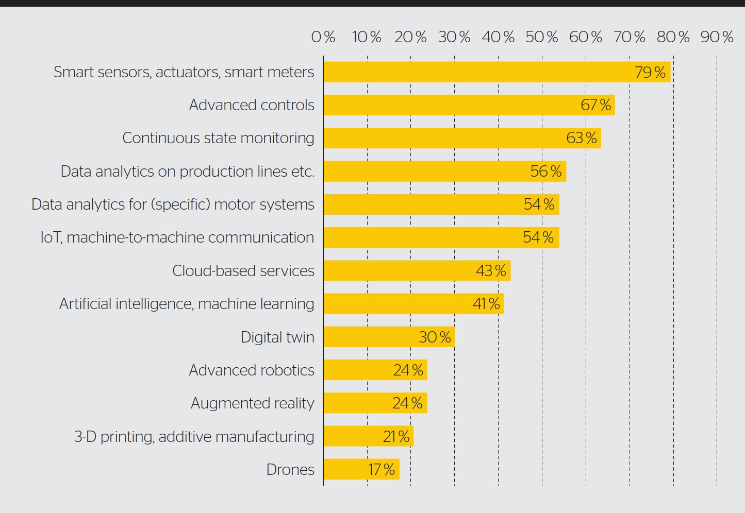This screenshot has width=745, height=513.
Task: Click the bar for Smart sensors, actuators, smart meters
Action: click(496, 72)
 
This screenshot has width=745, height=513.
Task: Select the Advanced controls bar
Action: click(469, 105)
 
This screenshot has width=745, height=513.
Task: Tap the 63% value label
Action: click(582, 138)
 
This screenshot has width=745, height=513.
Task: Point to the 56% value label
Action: click(546, 172)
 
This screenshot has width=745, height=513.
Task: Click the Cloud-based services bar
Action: click(417, 271)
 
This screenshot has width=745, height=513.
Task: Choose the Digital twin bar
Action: click(389, 337)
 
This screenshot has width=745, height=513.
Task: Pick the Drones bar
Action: click(361, 470)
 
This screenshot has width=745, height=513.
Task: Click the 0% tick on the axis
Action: click(323, 37)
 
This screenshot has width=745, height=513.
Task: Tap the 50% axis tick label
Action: click(542, 37)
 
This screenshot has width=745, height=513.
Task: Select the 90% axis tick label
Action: click(717, 37)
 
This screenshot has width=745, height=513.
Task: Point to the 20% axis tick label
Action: click(410, 37)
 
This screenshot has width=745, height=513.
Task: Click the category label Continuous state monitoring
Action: click(218, 138)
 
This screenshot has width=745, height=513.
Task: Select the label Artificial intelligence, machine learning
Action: click(187, 304)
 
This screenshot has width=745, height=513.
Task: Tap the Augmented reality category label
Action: click(252, 403)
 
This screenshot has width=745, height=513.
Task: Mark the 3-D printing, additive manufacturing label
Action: click(194, 437)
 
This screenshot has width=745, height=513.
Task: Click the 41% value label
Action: click(486, 304)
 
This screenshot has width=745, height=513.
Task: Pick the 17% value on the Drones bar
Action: click(382, 470)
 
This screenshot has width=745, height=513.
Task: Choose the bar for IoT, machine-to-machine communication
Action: click(441, 237)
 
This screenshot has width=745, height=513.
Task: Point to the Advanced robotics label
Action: click(252, 370)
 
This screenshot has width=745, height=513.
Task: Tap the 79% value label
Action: click(650, 72)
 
